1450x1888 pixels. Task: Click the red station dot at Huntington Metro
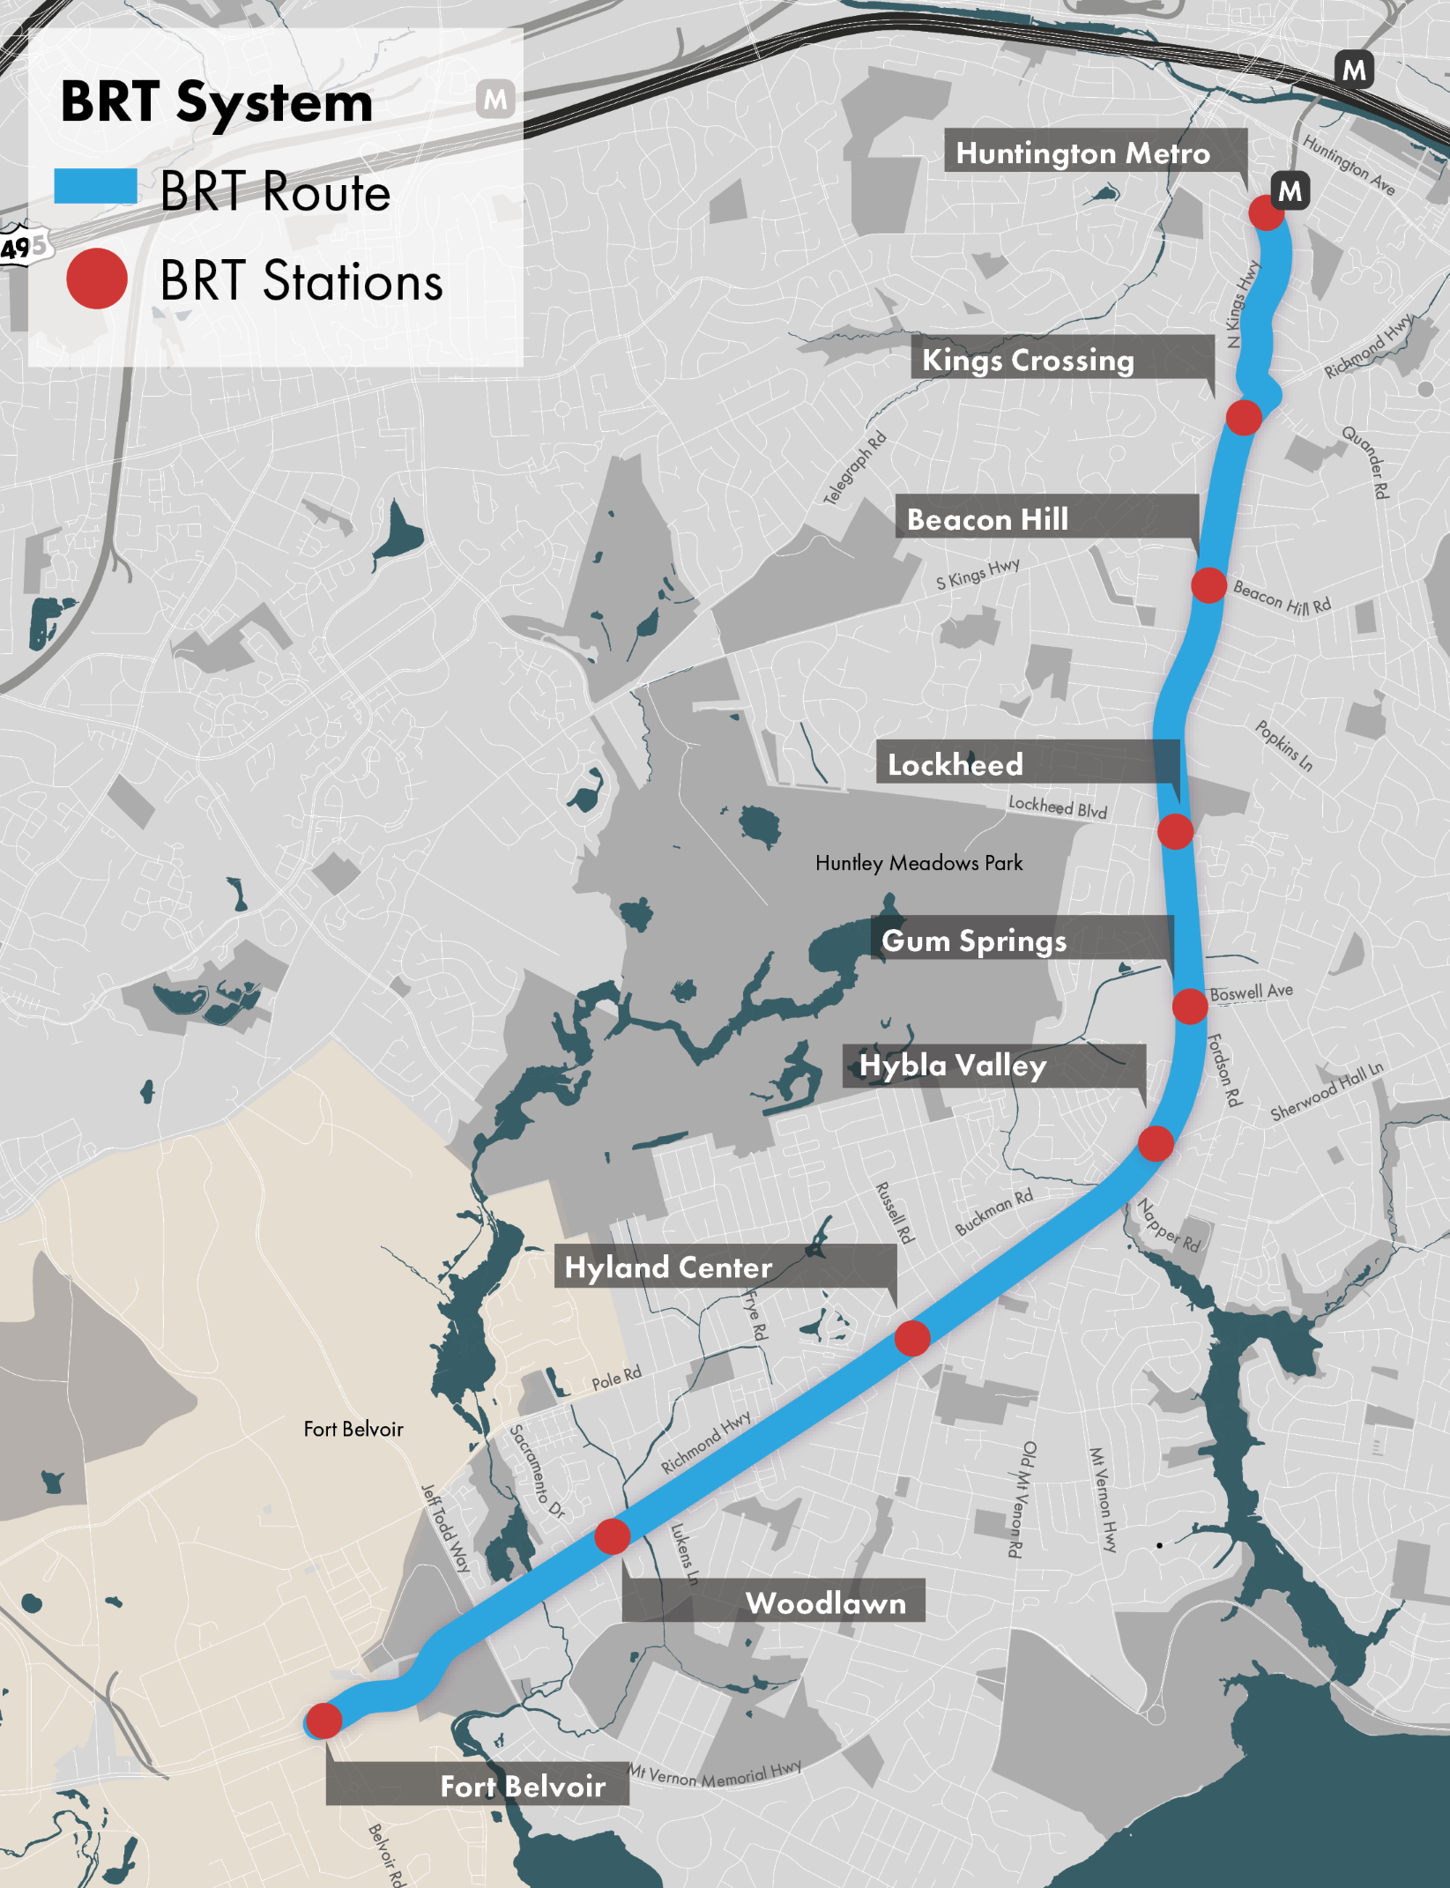pos(1266,212)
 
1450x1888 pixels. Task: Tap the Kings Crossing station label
pos(1028,360)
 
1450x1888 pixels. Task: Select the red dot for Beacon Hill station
pos(1208,585)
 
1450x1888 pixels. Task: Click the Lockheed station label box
pos(955,764)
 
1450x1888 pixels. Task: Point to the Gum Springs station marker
pos(1189,1006)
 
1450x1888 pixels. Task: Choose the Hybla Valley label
pos(953,1066)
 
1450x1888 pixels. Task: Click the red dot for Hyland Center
pos(911,1338)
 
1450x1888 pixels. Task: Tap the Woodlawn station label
pos(825,1603)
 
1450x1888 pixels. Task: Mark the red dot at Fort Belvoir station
pos(323,1720)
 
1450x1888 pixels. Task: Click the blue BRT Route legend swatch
pos(95,188)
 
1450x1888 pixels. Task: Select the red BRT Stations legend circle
pos(97,279)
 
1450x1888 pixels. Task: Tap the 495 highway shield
pos(24,247)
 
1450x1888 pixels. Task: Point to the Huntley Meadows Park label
pos(918,863)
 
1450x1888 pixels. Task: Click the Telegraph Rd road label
pos(854,468)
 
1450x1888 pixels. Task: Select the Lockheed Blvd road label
pos(1057,806)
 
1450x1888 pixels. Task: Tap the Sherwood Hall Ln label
pos(1327,1091)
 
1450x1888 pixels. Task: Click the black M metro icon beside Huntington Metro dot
pos(1290,190)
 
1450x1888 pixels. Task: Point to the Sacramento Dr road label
pos(537,1471)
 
